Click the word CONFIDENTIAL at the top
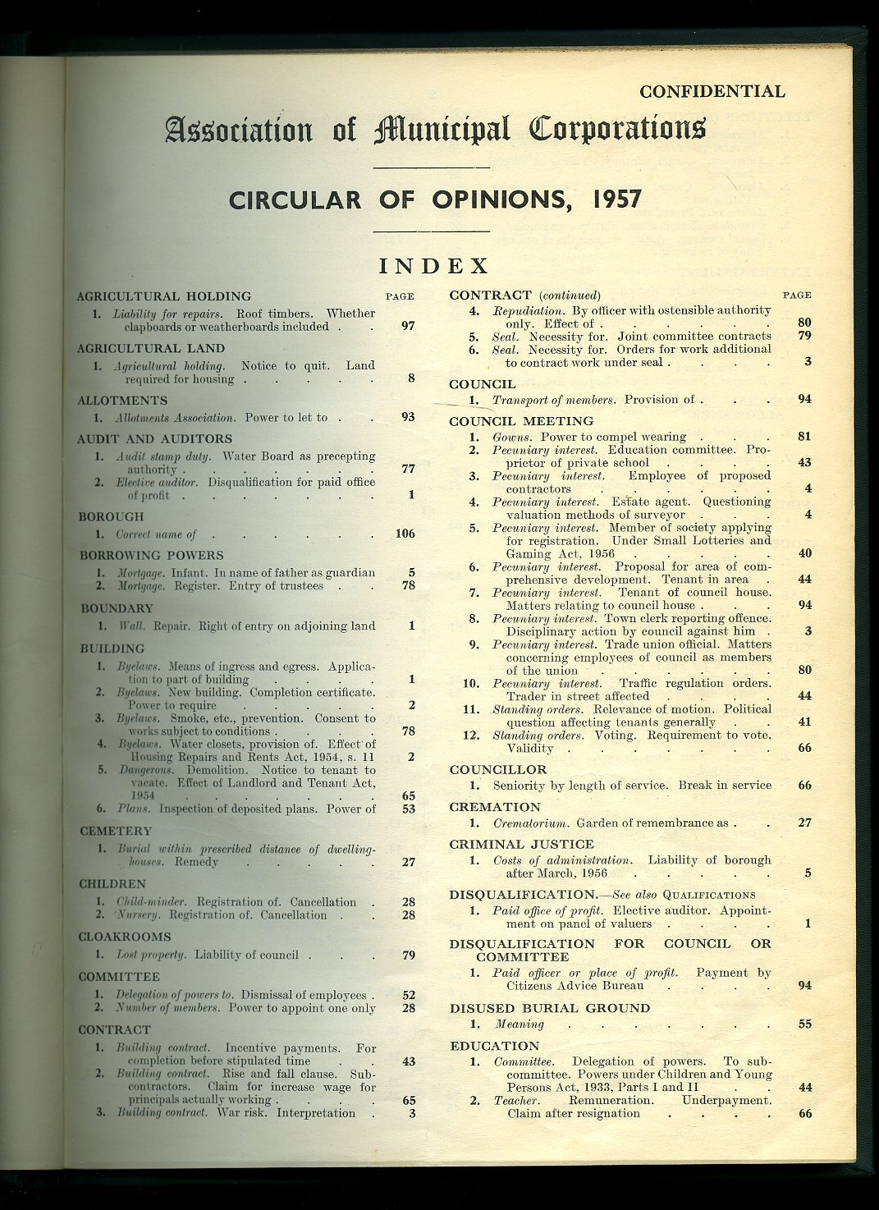(x=712, y=92)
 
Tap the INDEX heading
(x=433, y=266)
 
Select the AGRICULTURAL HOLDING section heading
(x=164, y=296)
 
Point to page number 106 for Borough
(x=405, y=534)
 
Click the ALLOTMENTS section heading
(x=122, y=401)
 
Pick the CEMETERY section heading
(x=116, y=832)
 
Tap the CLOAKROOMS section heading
(x=125, y=937)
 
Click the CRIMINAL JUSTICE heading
(x=521, y=844)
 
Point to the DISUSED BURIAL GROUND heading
(x=549, y=1008)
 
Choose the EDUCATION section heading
(x=494, y=1046)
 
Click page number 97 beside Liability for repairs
(x=408, y=326)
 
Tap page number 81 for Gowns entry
(x=804, y=437)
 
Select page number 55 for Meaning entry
(x=804, y=1024)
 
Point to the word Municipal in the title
(x=442, y=130)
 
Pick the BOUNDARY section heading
(x=117, y=609)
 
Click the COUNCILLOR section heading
(x=497, y=770)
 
